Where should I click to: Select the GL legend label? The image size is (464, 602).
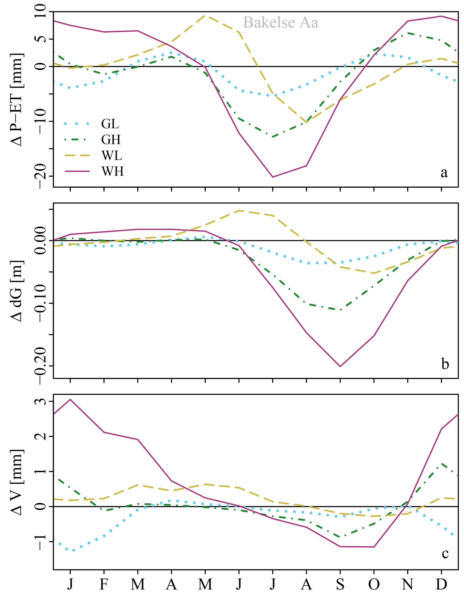(x=110, y=124)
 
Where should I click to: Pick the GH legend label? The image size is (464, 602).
(x=111, y=139)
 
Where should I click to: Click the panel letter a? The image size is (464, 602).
(x=444, y=172)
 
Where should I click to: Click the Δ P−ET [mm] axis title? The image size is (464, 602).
(x=17, y=99)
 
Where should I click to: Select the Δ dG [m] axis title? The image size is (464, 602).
(x=17, y=291)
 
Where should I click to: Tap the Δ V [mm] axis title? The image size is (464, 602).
(x=17, y=482)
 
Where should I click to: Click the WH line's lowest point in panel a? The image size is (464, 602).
(x=273, y=177)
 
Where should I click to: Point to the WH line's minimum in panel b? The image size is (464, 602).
(x=340, y=366)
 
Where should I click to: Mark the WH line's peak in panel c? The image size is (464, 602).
(x=70, y=399)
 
